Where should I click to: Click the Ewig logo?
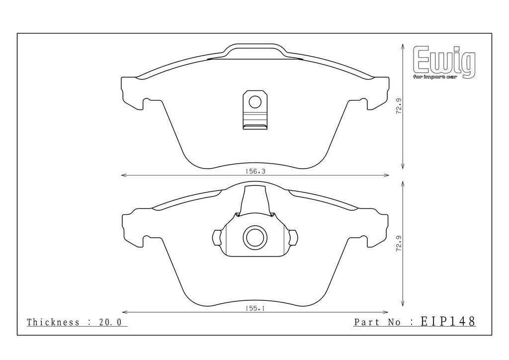coord(444,62)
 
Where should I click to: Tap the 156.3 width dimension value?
coord(255,171)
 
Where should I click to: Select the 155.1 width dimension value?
coord(255,308)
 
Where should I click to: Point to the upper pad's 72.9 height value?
coord(399,106)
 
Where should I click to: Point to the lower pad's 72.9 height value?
coord(399,243)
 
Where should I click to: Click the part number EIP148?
coord(448,321)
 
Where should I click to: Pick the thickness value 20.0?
coord(110,322)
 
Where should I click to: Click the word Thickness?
coord(53,322)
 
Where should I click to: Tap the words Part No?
coord(377,322)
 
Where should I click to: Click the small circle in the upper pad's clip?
coord(255,102)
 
